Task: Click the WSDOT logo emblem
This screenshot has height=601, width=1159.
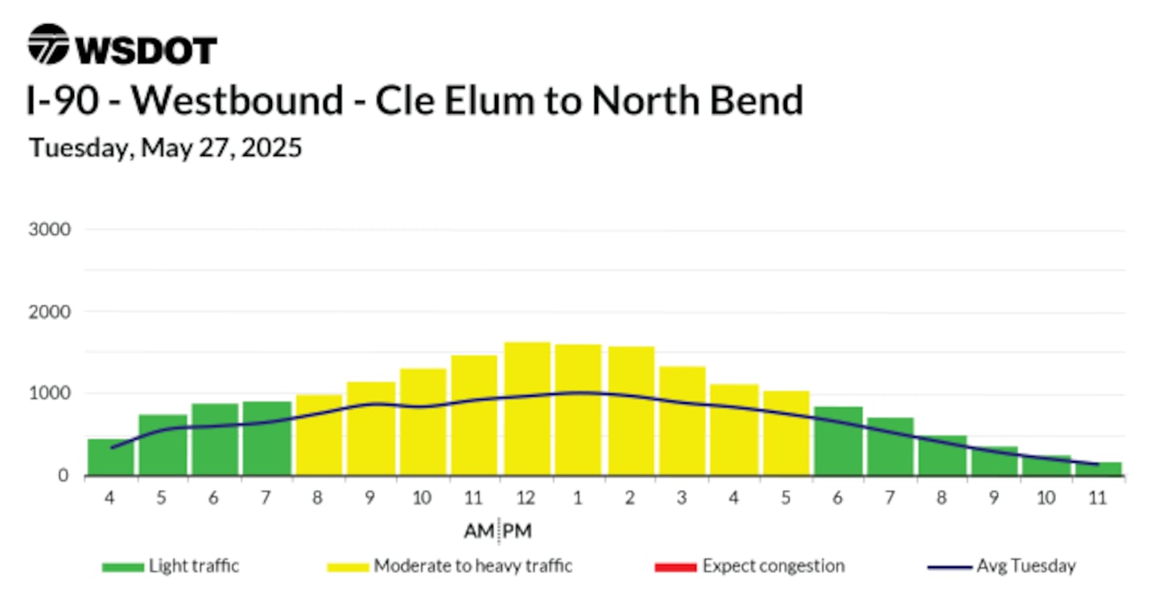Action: click(48, 44)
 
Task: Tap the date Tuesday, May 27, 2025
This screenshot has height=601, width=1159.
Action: click(165, 148)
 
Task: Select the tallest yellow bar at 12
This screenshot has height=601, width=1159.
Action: click(527, 409)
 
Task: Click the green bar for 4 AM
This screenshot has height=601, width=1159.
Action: click(111, 457)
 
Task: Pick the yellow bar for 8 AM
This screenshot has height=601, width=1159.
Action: click(320, 435)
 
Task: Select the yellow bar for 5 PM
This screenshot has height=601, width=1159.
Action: click(786, 433)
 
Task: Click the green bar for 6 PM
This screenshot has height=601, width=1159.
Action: click(839, 441)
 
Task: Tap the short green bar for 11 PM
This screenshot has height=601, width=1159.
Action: click(1099, 468)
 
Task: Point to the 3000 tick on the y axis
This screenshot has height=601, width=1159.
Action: click(49, 229)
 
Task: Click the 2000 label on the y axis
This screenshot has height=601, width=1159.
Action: click(49, 312)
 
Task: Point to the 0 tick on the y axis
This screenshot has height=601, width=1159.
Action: click(63, 475)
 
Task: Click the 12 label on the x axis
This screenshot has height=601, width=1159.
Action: click(526, 497)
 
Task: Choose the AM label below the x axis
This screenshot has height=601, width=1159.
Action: click(479, 531)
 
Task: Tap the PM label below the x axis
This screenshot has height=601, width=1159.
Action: click(517, 531)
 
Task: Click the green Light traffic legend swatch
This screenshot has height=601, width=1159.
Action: click(123, 567)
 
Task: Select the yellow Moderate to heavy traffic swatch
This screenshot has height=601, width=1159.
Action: click(349, 567)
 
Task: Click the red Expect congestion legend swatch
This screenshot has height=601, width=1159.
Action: click(676, 567)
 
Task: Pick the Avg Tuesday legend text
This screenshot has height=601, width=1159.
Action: click(1026, 566)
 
